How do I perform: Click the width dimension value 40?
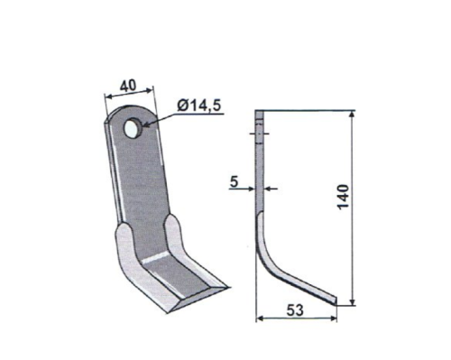pyautogui.click(x=127, y=86)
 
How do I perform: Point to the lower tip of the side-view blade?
pyautogui.click(x=338, y=300)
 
